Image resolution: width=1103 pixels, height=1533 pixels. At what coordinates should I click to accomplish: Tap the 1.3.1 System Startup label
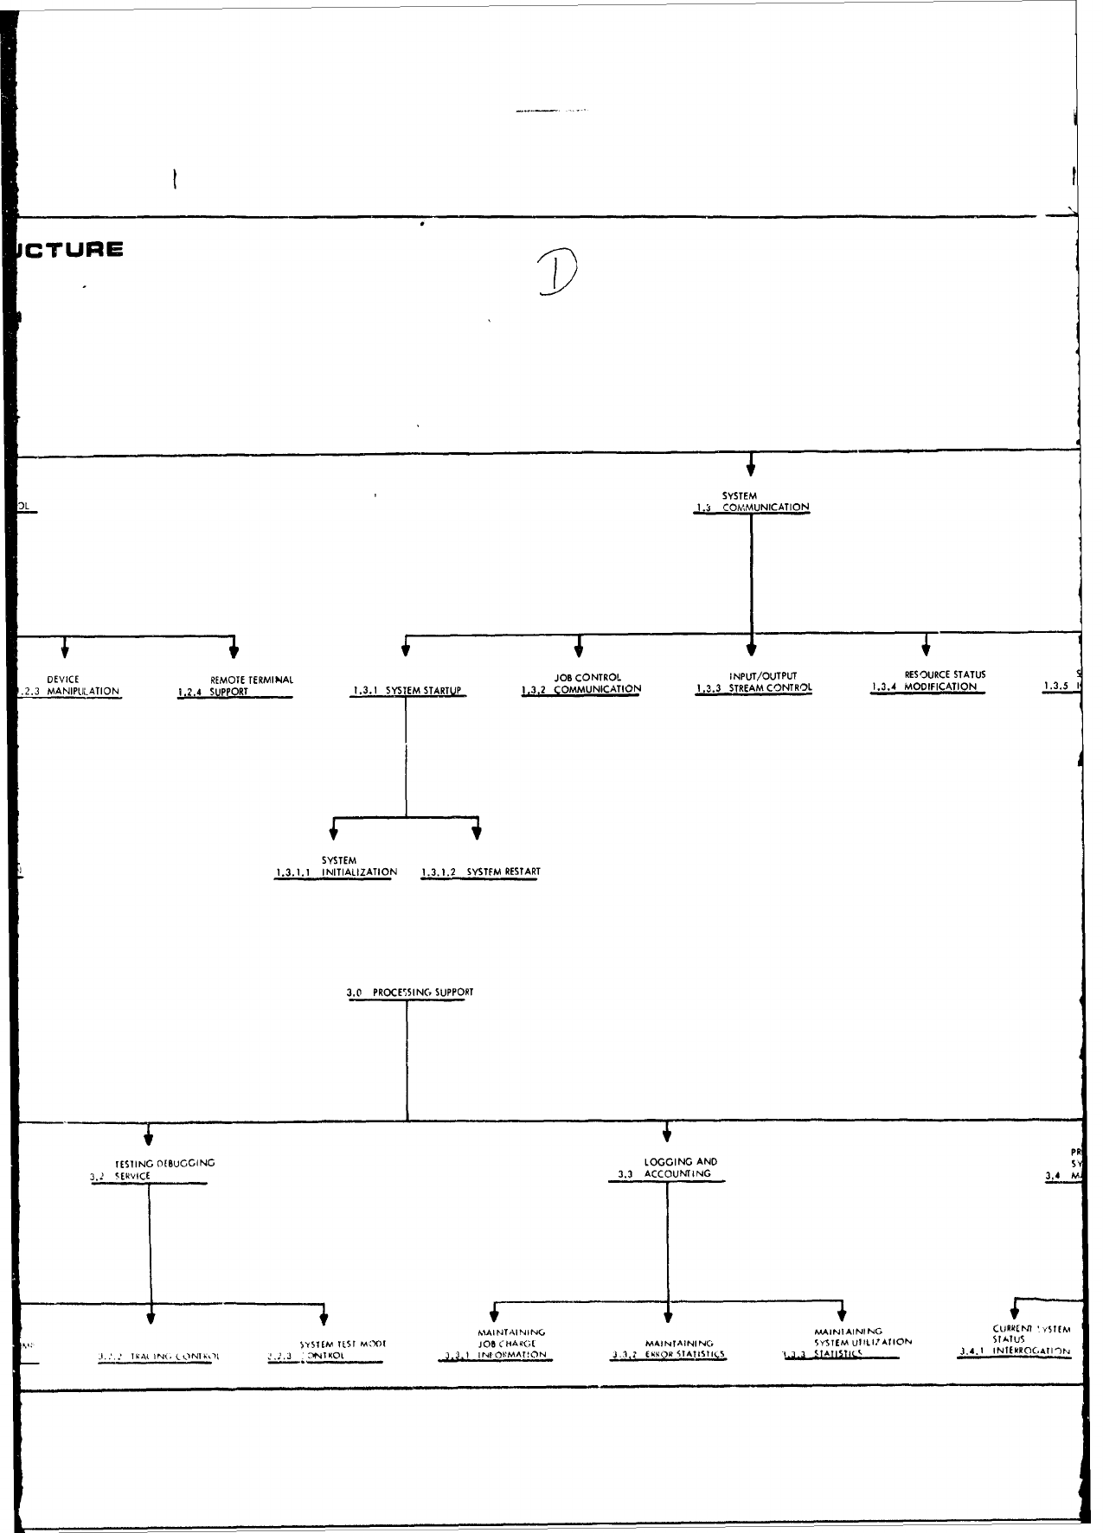tap(407, 691)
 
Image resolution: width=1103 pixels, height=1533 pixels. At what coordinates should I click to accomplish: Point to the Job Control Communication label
tap(582, 684)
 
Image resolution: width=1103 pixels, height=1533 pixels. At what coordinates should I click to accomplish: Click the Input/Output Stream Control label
tap(754, 682)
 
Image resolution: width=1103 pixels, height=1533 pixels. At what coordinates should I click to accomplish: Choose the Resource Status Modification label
tap(928, 680)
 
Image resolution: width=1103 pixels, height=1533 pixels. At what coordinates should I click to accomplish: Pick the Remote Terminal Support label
tap(236, 686)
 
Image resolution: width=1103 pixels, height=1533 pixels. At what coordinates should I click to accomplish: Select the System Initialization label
tap(337, 866)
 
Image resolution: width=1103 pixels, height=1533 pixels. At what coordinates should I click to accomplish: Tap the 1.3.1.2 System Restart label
tap(481, 872)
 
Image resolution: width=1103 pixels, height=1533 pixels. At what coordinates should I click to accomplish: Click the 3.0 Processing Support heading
tap(410, 993)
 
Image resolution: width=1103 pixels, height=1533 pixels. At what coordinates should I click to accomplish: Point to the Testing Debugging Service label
tap(152, 1169)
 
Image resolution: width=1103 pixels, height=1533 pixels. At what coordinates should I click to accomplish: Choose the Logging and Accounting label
tap(667, 1168)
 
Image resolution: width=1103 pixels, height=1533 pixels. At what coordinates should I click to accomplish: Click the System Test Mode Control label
tap(328, 1350)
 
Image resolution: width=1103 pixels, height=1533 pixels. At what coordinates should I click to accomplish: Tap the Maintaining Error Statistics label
tap(669, 1350)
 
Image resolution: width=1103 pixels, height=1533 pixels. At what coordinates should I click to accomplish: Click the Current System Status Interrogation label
tap(1016, 1340)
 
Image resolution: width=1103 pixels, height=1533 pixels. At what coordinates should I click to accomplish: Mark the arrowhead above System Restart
tap(477, 833)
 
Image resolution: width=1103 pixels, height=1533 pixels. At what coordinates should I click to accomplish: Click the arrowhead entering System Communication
tap(751, 469)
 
